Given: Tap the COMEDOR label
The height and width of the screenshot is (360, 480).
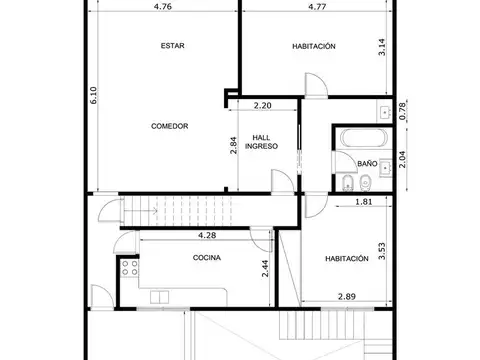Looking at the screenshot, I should tap(169, 126).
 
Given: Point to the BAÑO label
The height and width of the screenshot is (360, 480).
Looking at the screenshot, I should tap(366, 162).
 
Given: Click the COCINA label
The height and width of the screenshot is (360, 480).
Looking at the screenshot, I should tap(207, 258).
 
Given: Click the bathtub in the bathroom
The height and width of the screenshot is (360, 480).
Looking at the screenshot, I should tap(356, 138).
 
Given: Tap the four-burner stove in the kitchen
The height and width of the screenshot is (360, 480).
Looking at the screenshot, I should tap(128, 268).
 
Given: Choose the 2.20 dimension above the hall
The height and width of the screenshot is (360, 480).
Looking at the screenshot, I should tap(263, 105).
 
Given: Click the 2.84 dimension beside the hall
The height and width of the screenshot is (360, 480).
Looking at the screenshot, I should tap(233, 144).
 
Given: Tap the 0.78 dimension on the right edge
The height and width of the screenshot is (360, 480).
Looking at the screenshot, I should tap(402, 112).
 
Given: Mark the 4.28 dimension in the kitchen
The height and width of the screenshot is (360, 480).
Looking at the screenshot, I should tap(207, 236).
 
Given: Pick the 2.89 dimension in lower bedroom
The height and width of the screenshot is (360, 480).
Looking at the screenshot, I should tap(346, 297).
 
